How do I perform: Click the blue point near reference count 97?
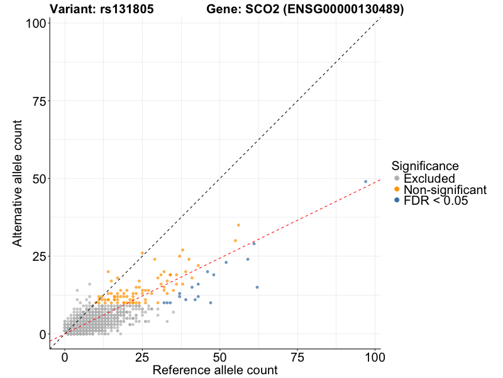365,181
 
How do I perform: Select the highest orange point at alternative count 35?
238,225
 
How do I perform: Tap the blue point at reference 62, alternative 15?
257,287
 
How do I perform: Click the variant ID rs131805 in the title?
126,9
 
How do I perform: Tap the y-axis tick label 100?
33,23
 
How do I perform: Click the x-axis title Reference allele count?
215,370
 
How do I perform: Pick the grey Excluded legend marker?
397,179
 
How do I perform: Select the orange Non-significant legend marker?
397,190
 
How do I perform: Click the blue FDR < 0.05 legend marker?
397,200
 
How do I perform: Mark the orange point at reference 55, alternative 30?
235,241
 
